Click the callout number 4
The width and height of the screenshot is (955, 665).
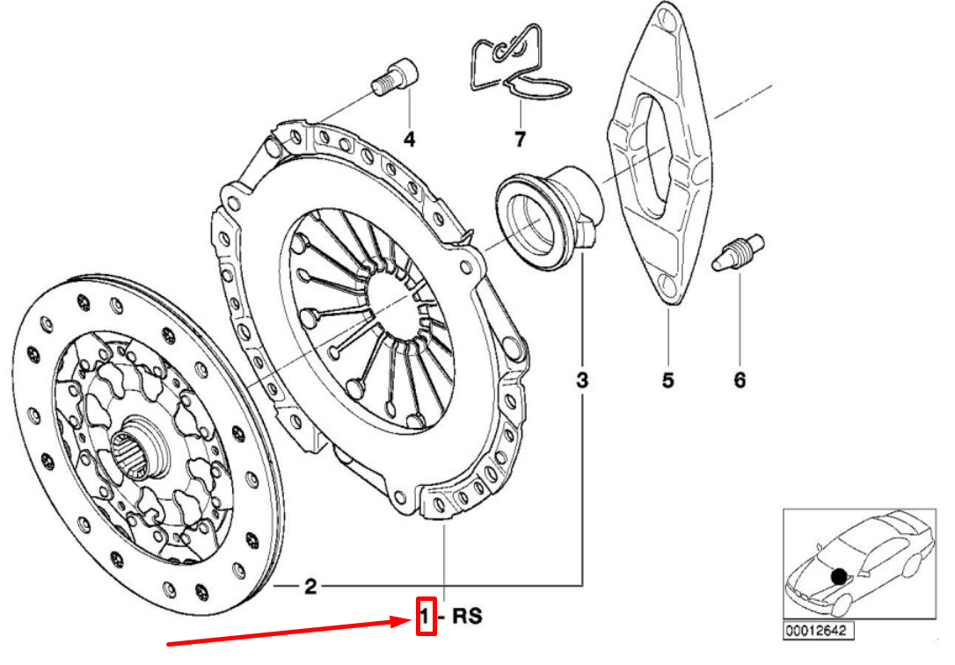tap(409, 139)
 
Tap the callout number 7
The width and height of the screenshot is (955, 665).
tap(520, 139)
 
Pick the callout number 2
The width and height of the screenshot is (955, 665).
tap(310, 587)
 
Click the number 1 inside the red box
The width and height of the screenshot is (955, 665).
tap(426, 617)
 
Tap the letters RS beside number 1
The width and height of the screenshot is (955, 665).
tap(467, 617)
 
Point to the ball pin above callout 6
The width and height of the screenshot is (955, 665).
tap(738, 252)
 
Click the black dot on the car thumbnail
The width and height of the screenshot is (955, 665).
tap(840, 576)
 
